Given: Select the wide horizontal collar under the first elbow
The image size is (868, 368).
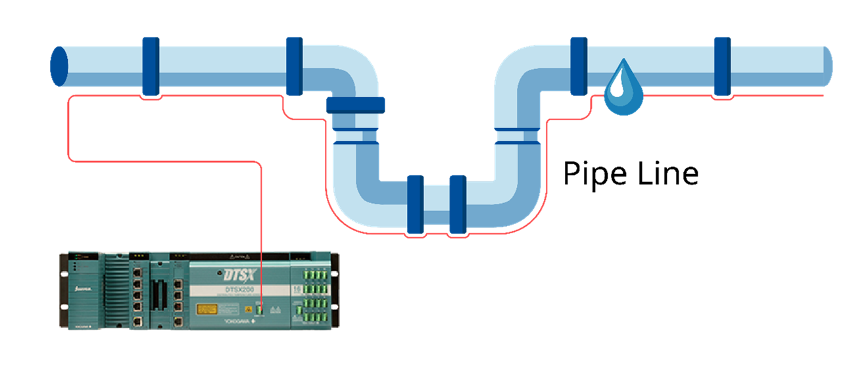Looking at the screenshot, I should pos(356,105).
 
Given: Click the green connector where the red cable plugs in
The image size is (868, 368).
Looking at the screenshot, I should pos(261,310).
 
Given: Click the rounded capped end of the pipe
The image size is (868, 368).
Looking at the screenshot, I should pos(827,66).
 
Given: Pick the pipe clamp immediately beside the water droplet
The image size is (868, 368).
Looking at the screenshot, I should pos(579,66).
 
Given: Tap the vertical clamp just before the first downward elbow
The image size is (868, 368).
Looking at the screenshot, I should pos(294,66).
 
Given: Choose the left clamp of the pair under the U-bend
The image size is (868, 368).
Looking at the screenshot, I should pos(415,204).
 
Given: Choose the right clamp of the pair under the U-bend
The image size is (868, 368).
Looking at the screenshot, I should pos(458,204).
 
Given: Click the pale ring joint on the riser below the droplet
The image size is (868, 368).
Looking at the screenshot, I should pos(518,137).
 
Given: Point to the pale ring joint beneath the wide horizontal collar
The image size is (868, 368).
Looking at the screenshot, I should pos(356,137).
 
